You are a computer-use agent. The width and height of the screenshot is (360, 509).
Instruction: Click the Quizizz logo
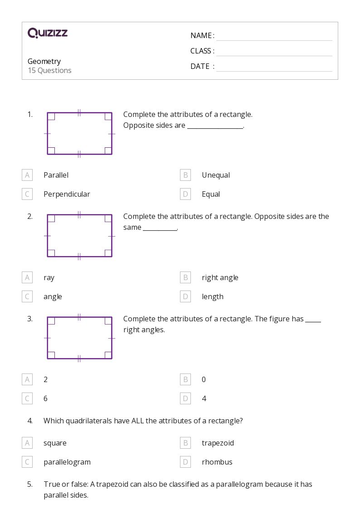pyautogui.click(x=48, y=33)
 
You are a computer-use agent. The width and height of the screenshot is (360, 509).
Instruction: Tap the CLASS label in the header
pyautogui.click(x=202, y=51)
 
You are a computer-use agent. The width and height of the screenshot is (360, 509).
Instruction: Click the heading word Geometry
pyautogui.click(x=44, y=61)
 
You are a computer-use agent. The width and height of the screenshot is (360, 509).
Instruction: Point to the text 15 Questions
pyautogui.click(x=49, y=70)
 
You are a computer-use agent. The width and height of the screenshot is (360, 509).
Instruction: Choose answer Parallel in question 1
pyautogui.click(x=56, y=175)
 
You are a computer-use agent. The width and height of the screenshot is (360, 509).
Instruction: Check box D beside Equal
pyautogui.click(x=185, y=194)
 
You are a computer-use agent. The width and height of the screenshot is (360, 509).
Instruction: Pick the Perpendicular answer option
pyautogui.click(x=67, y=194)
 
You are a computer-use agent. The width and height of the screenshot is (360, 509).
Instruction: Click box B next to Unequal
pyautogui.click(x=185, y=175)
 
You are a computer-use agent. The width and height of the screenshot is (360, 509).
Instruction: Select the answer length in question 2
pyautogui.click(x=213, y=296)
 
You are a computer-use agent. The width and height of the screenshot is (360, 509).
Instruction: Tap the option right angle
pyautogui.click(x=220, y=277)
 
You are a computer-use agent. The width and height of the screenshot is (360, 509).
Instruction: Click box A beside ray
pyautogui.click(x=27, y=277)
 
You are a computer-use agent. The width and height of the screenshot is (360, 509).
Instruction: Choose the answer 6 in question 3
pyautogui.click(x=45, y=398)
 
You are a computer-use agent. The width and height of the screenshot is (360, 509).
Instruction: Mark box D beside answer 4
pyautogui.click(x=185, y=398)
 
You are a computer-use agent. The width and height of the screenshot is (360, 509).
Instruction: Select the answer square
pyautogui.click(x=55, y=443)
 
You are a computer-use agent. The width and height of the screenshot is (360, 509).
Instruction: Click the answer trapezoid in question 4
pyautogui.click(x=218, y=443)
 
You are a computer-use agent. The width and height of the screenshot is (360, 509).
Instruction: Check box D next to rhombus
pyautogui.click(x=185, y=462)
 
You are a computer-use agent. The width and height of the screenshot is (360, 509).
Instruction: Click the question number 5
pyautogui.click(x=30, y=484)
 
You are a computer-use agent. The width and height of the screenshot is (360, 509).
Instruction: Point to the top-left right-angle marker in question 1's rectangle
pyautogui.click(x=51, y=116)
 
